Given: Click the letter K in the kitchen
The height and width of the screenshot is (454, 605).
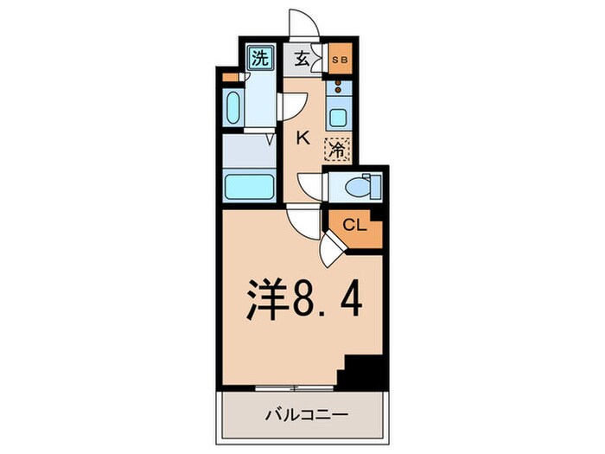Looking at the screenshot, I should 303,136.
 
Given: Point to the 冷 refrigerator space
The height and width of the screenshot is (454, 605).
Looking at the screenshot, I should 337,149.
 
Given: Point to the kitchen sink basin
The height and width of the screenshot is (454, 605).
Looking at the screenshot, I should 338,118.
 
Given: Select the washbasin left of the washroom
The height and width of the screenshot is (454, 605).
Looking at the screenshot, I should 232,109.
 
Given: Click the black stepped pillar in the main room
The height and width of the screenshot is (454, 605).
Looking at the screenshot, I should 360,369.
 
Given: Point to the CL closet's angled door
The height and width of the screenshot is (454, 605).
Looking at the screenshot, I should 333,251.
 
